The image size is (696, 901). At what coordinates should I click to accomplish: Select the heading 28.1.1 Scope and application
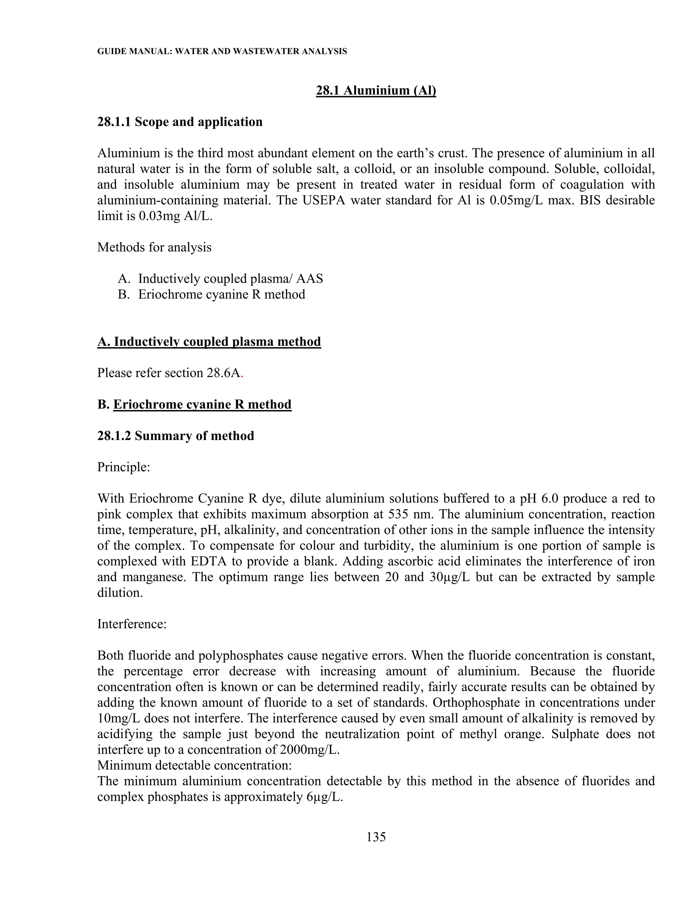tap(180, 122)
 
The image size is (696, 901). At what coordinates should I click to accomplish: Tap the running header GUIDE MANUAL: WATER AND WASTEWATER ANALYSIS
tap(222, 52)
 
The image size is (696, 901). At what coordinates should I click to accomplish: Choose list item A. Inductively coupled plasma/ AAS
tap(221, 279)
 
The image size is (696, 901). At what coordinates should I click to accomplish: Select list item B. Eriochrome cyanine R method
tap(211, 294)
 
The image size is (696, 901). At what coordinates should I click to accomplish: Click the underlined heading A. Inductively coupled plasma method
tap(209, 342)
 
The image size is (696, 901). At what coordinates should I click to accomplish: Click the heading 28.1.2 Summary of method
tap(176, 436)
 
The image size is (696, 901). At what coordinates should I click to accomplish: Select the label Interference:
tap(132, 624)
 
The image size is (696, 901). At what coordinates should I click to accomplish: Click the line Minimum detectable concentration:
tap(195, 765)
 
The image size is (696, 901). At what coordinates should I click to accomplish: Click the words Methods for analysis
tap(154, 248)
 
